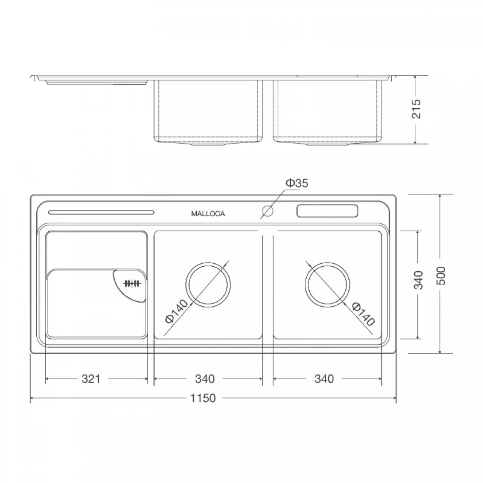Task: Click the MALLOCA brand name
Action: tap(208, 214)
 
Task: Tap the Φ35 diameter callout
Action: tap(296, 183)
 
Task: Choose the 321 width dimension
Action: tap(91, 379)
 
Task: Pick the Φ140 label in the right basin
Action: tap(363, 313)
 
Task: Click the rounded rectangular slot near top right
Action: tap(327, 211)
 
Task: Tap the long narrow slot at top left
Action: tap(101, 212)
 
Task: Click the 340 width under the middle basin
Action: tap(204, 379)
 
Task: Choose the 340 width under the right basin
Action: tap(324, 379)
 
